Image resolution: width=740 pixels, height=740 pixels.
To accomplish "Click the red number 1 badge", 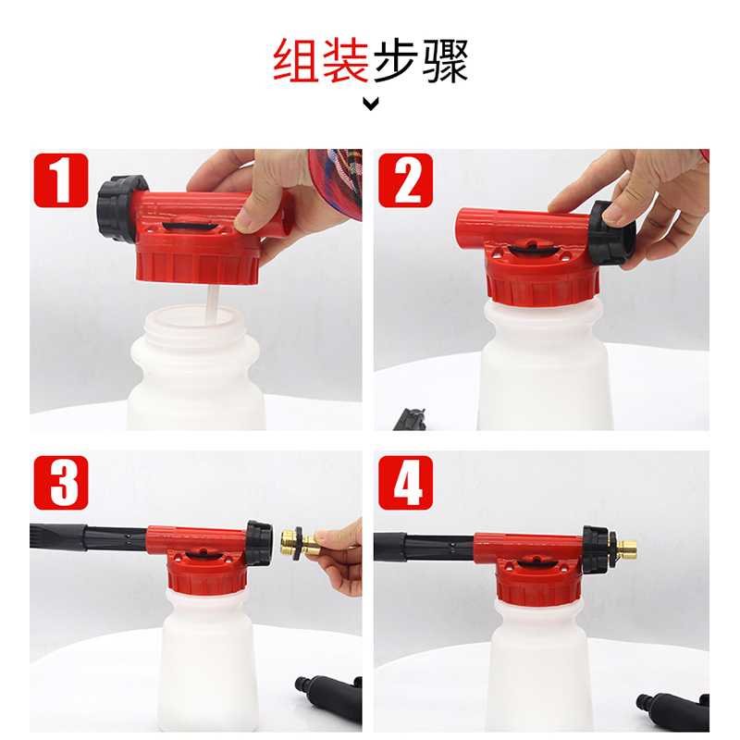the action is tap(61, 179).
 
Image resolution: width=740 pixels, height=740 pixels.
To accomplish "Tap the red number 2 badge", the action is tap(405, 179).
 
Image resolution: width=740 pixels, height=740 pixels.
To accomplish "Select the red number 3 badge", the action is tap(61, 482).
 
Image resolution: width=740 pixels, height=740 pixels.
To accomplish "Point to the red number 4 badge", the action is tap(405, 482).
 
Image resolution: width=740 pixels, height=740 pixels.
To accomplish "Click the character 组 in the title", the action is tap(297, 61).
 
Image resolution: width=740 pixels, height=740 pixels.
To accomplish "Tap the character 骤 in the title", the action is tap(445, 61).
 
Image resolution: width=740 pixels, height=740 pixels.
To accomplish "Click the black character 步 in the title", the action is tap(396, 61).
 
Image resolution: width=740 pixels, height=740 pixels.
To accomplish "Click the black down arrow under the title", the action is tap(371, 103).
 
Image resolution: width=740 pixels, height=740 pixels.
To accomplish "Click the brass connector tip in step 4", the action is tap(626, 549).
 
